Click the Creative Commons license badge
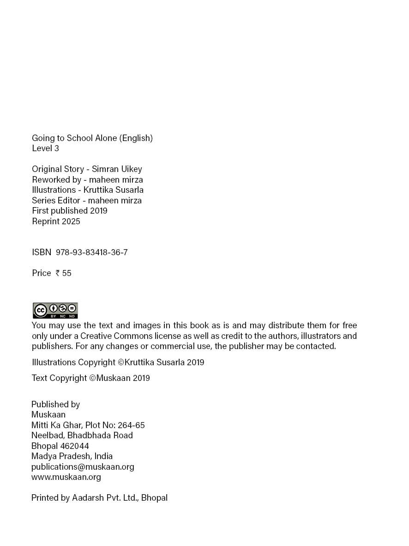pyautogui.click(x=55, y=310)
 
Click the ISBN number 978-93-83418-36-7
pyautogui.click(x=91, y=252)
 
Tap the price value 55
pyautogui.click(x=66, y=273)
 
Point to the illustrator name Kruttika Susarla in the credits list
pyautogui.click(x=114, y=190)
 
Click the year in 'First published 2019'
pyautogui.click(x=99, y=211)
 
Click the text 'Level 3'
pyautogui.click(x=45, y=148)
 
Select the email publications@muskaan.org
pyautogui.click(x=83, y=466)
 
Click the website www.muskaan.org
pyautogui.click(x=66, y=477)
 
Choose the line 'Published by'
pyautogui.click(x=55, y=405)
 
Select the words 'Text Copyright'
pyautogui.click(x=59, y=378)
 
